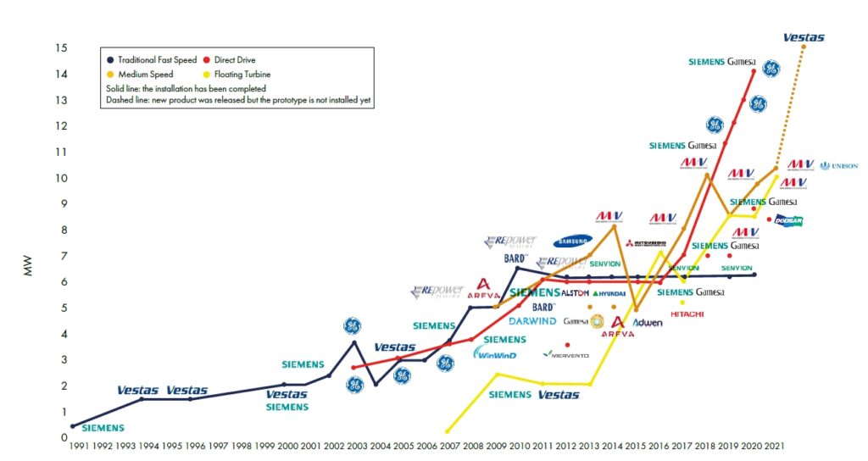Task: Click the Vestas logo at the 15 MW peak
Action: click(x=803, y=37)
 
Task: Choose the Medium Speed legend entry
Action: click(x=150, y=74)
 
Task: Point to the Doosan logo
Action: click(x=787, y=221)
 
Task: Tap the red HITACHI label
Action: click(x=687, y=314)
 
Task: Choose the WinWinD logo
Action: click(x=495, y=353)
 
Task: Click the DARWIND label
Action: click(x=532, y=322)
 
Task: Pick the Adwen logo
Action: click(x=648, y=323)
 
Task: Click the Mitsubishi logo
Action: click(x=651, y=243)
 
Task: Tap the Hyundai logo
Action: click(x=609, y=293)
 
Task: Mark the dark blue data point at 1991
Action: click(x=72, y=426)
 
